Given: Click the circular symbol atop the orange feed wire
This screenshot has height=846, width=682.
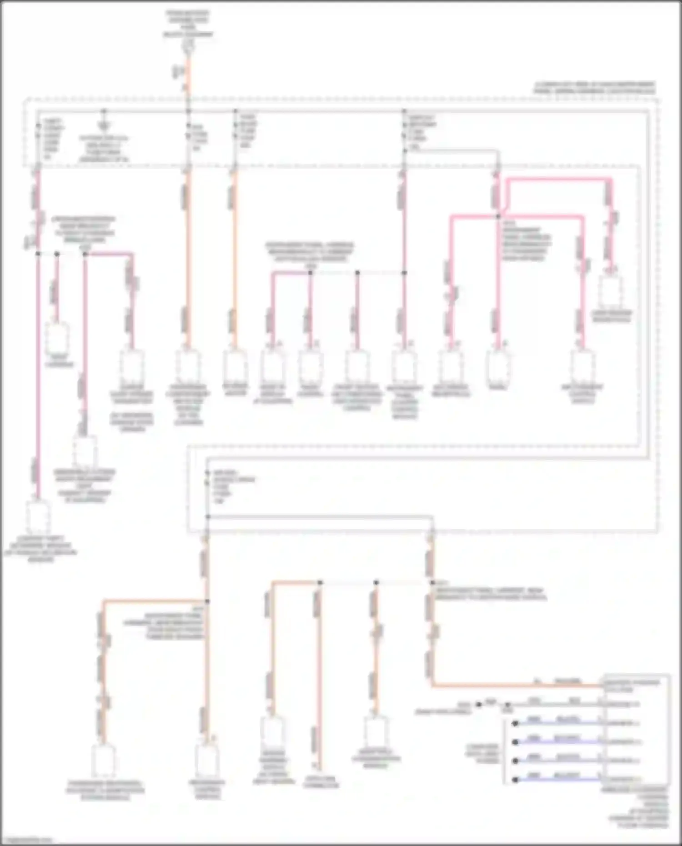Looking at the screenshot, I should coord(188,44).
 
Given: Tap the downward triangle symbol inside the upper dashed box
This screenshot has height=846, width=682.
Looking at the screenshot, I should coord(104,125).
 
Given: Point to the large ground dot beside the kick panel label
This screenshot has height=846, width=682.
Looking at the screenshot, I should coord(478,705).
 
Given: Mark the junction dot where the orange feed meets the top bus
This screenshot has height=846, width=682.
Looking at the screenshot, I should coord(188,111).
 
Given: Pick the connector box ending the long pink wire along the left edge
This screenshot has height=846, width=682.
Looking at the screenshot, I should coord(38,518).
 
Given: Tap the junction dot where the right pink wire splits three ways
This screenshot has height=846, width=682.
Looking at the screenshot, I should coord(498,216).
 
